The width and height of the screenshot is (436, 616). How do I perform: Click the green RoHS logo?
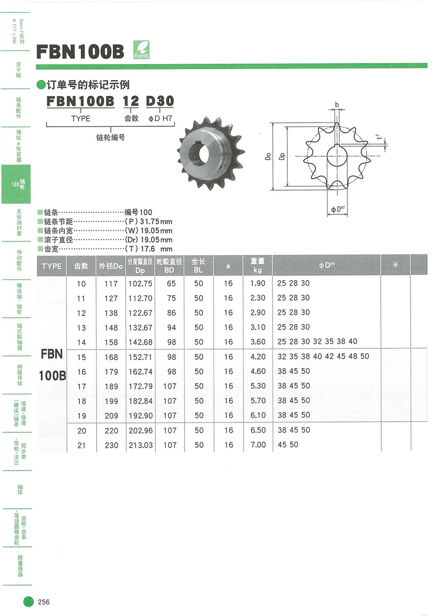[x=141, y=49]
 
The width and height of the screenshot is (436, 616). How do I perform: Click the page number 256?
[x=44, y=602]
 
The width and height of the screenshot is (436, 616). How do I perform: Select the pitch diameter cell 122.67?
[x=140, y=313]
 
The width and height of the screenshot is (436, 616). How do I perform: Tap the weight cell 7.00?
[x=258, y=445]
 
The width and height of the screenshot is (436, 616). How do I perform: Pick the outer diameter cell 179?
[x=111, y=372]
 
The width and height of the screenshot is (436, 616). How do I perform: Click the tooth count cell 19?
[x=81, y=416]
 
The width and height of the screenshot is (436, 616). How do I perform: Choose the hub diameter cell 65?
[x=171, y=284]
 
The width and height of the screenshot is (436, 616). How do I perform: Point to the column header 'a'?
[x=228, y=266]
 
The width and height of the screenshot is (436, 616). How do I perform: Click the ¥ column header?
[x=395, y=265]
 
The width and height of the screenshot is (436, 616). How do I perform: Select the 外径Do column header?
[x=111, y=266]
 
